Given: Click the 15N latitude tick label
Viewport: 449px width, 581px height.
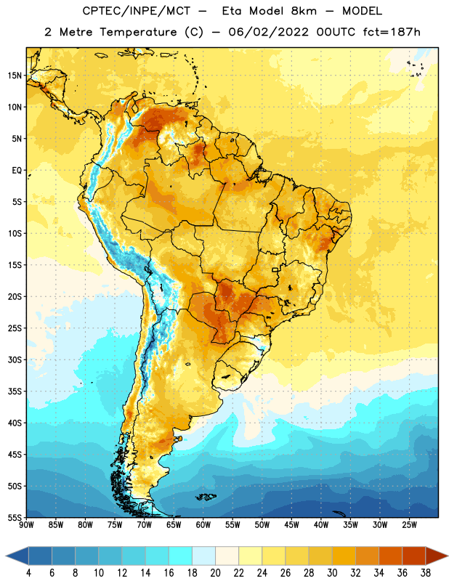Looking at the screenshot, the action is [15, 76].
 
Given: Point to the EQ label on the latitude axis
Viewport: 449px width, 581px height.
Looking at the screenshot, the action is [17, 171].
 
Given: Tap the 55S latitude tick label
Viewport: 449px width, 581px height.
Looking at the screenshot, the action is [15, 517].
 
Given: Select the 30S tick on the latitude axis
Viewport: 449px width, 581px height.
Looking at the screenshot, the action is [15, 359].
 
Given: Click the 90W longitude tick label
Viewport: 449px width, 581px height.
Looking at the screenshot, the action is [26, 525].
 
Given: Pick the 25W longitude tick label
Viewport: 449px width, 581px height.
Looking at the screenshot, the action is [409, 525].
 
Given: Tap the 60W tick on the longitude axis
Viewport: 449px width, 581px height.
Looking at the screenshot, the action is [203, 525].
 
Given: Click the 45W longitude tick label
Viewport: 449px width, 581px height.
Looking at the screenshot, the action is [291, 525].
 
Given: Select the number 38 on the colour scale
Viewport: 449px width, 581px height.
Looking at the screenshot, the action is [426, 573].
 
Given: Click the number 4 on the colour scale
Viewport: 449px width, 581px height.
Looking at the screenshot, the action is [28, 573].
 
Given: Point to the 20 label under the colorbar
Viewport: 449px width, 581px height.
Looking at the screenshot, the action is [215, 573].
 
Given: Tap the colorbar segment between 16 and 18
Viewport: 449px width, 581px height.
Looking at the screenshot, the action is [181, 556].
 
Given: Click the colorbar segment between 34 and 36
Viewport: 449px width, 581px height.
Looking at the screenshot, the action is [390, 556].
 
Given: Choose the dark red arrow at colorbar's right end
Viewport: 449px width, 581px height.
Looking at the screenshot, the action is [436, 556].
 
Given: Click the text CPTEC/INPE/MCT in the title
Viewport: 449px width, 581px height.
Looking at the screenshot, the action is [136, 11].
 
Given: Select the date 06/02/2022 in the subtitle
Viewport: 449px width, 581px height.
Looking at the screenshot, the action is [268, 32].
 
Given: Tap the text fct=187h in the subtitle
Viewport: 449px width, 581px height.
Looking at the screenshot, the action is [392, 32].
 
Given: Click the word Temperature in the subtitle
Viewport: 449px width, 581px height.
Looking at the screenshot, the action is [138, 32].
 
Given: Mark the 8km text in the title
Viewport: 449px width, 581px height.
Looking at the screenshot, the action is [304, 11].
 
